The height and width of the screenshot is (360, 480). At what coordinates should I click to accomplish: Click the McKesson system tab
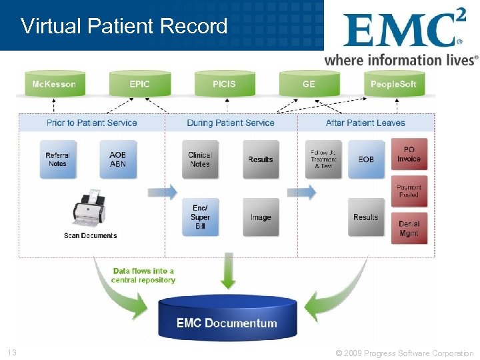tap(54, 84)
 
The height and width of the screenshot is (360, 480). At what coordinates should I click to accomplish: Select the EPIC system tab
tap(140, 84)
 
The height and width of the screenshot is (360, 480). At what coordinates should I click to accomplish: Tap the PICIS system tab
tap(224, 84)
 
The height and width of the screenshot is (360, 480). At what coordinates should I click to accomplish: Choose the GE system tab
tap(309, 84)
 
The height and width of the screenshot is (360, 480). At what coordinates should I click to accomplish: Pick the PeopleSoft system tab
tap(393, 84)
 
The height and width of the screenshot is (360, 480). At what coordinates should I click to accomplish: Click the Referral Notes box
tap(57, 159)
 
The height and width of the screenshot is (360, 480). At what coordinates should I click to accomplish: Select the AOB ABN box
tap(117, 159)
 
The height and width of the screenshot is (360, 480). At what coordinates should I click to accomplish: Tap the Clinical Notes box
tap(200, 159)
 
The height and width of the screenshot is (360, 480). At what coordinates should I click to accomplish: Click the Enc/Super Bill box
tap(200, 217)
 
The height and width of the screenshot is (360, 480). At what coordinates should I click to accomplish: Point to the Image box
tap(261, 217)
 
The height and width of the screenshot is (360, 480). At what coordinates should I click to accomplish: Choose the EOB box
tap(366, 159)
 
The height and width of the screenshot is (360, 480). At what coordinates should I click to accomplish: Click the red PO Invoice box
tap(409, 155)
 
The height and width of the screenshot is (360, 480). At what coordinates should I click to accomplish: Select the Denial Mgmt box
tap(409, 229)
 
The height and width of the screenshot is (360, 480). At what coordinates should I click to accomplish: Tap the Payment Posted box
tap(409, 191)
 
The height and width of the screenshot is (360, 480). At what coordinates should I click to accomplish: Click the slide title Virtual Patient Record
tap(124, 26)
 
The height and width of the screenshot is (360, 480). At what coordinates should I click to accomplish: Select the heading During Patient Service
tap(231, 123)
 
